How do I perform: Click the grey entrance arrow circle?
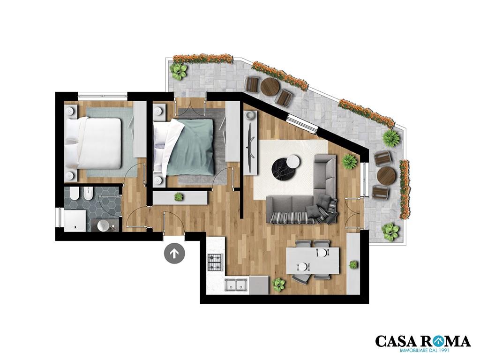[x=174, y=253]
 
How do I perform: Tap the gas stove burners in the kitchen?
[x=216, y=262]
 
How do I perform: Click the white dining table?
[x=313, y=261]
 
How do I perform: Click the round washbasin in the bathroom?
[x=103, y=225]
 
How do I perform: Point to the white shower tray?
[x=75, y=220]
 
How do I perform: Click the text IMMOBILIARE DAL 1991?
[x=423, y=350]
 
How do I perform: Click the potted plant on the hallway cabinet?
[x=179, y=197]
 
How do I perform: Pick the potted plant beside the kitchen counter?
[x=278, y=284]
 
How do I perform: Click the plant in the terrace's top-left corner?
[x=178, y=71]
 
